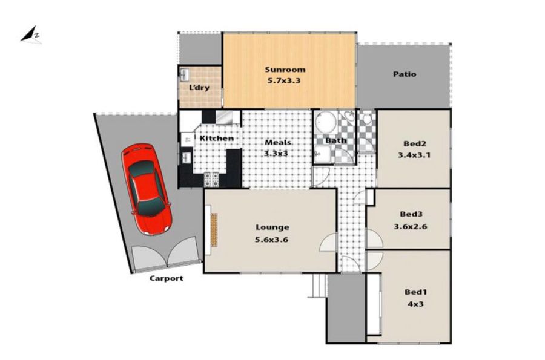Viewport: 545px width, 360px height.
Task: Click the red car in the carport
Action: point(147,189)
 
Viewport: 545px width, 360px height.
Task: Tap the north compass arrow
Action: point(31,35)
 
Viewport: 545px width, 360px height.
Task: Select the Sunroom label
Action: point(285,70)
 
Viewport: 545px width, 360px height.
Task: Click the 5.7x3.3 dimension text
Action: point(283,81)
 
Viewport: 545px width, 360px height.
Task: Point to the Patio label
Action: point(405,74)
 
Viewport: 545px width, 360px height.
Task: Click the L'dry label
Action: point(199,88)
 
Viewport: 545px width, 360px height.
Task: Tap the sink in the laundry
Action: point(185,74)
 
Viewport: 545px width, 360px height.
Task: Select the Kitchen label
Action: point(217,138)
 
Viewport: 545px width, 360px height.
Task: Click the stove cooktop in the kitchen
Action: point(211,179)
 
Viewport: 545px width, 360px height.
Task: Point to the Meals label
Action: point(278,142)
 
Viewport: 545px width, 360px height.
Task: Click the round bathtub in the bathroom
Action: point(326,122)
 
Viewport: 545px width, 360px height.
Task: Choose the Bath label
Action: point(335,140)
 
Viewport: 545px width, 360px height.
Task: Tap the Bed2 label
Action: point(415,143)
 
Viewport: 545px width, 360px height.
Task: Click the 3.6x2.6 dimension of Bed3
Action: point(410,227)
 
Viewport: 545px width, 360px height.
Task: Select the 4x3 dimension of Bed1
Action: point(415,304)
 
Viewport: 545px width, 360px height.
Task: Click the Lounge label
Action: point(272,227)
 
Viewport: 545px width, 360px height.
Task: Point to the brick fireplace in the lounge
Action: point(214,230)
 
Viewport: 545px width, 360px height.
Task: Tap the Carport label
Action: point(166,278)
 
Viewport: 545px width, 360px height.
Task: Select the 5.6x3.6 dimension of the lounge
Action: point(271,240)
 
